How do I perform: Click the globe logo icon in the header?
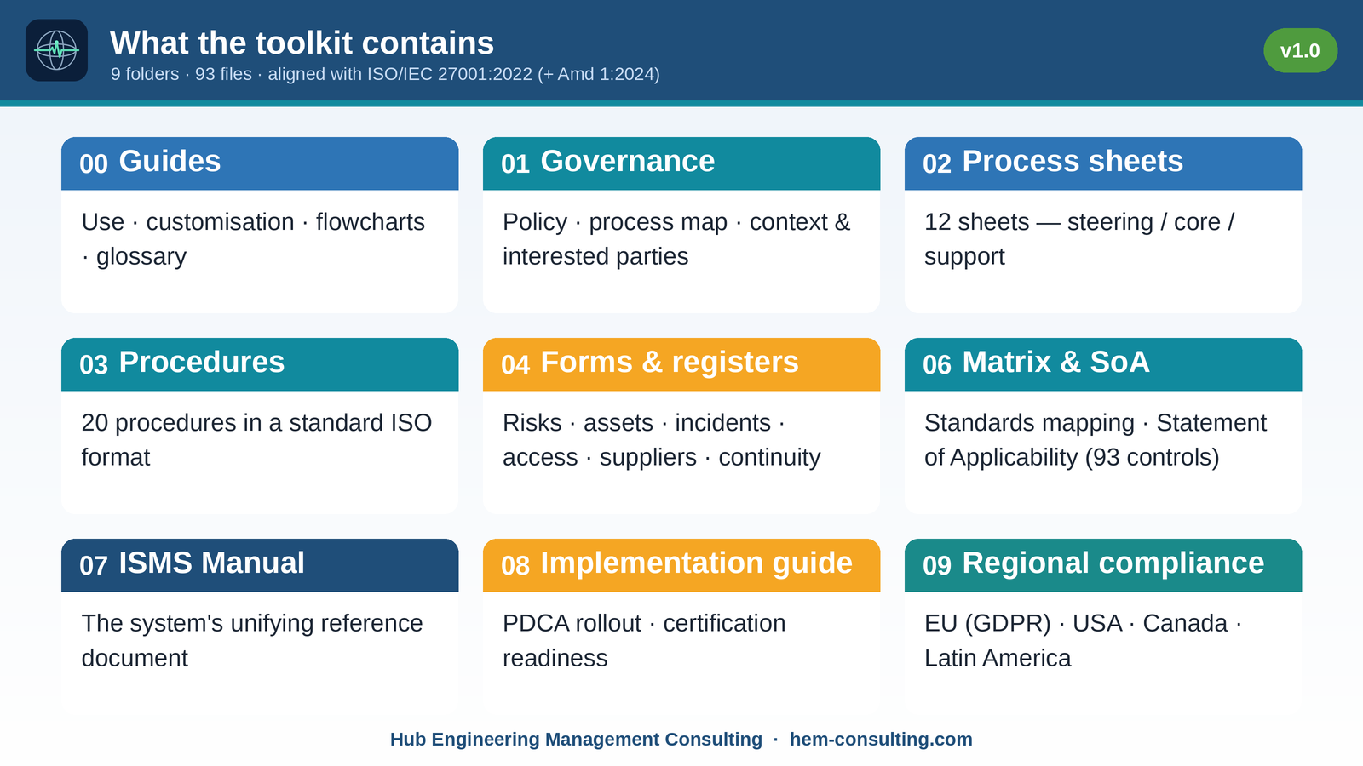click(x=56, y=50)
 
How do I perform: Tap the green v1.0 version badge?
click(x=1300, y=50)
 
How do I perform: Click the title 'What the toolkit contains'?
click(x=302, y=43)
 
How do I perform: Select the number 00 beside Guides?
click(x=94, y=163)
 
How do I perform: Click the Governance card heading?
click(x=627, y=161)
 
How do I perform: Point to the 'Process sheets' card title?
click(x=1073, y=161)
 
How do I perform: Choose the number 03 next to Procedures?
click(x=94, y=364)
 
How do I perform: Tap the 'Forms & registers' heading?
click(x=670, y=362)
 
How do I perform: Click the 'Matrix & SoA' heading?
click(x=1055, y=362)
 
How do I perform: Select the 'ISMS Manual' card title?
click(x=211, y=563)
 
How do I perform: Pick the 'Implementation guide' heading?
click(x=696, y=563)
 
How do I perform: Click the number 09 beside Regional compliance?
click(x=937, y=565)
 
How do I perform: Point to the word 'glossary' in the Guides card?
click(x=141, y=256)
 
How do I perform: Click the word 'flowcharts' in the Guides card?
click(x=370, y=222)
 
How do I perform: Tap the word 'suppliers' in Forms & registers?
click(x=648, y=457)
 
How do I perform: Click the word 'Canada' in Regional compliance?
click(x=1185, y=623)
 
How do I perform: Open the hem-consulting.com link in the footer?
click(x=881, y=740)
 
